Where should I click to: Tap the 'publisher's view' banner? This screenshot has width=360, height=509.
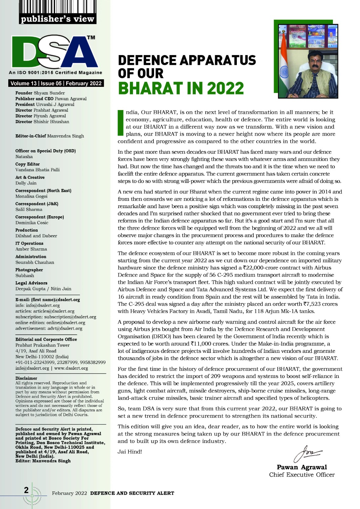tap(57, 19)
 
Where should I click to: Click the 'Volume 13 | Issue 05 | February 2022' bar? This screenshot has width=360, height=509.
tap(56, 83)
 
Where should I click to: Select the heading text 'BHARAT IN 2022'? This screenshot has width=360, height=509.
tap(181, 88)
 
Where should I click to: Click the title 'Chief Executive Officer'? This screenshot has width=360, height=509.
tap(302, 475)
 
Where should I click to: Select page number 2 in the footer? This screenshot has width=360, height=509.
tap(26, 490)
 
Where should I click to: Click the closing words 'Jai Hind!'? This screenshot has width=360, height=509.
tap(130, 452)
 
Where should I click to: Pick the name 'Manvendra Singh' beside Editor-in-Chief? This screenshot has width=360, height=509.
tap(66, 136)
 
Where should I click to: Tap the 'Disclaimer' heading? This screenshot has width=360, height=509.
tap(26, 378)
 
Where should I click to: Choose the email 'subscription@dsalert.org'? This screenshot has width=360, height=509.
tap(70, 317)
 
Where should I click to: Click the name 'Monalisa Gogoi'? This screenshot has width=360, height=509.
tap(32, 196)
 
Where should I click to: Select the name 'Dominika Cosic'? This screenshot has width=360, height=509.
tap(32, 223)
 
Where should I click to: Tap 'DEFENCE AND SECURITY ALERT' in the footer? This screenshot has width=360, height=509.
tap(132, 493)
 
